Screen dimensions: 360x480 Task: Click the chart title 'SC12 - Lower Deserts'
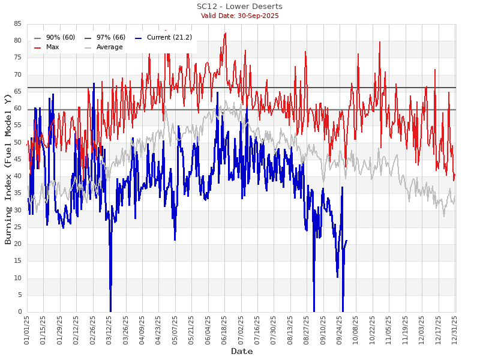coord(239,7)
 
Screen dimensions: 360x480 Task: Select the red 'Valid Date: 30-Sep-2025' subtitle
coord(239,16)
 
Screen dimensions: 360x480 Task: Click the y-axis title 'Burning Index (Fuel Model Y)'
coord(8,169)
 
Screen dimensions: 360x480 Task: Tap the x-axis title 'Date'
coord(242,352)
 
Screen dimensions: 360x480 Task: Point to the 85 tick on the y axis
coord(17,24)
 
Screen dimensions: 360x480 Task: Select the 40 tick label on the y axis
coord(17,176)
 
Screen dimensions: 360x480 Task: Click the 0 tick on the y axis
coord(19,312)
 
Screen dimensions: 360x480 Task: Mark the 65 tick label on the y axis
coord(17,92)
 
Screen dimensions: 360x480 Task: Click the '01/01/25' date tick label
coord(27,329)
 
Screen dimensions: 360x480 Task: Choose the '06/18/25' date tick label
coord(224,329)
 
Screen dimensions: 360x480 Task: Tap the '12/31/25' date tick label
coord(454,329)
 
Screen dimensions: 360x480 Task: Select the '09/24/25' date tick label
coord(340,329)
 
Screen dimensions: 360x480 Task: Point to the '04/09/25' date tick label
coord(142,329)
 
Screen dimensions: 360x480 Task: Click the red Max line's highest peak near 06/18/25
coord(225,33)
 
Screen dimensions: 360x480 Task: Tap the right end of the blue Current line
coord(346,241)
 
